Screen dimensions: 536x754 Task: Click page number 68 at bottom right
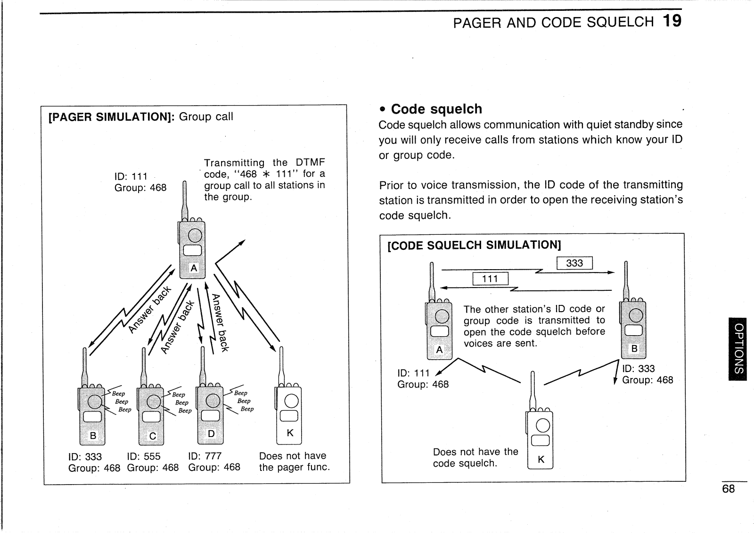pos(728,489)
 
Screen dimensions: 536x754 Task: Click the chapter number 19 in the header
pos(672,21)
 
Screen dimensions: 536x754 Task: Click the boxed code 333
pos(574,263)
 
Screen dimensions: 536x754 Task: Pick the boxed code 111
pos(490,279)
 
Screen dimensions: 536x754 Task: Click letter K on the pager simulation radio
pos(290,433)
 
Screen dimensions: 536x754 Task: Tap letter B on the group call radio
pos(93,436)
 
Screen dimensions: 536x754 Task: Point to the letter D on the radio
pos(211,434)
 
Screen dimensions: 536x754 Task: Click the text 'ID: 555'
pos(144,456)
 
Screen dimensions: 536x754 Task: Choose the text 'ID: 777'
pos(205,456)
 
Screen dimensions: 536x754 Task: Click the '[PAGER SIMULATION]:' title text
pos(111,116)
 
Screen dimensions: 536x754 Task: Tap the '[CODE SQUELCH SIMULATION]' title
pos(474,245)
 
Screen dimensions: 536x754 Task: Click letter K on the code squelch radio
pos(541,459)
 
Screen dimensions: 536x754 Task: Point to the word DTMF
pos(310,163)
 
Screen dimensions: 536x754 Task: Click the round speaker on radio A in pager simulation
pos(195,235)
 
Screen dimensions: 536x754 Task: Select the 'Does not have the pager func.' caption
pos(294,462)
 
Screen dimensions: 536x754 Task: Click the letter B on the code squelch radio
pos(634,349)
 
